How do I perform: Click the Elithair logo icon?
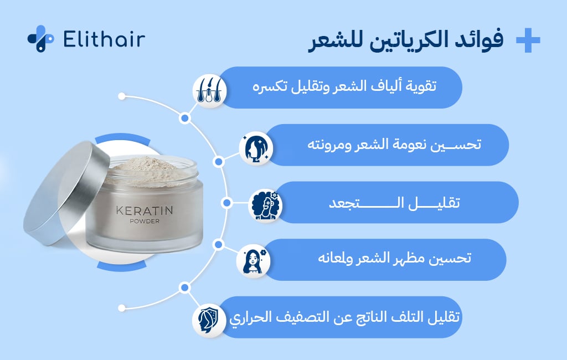tap(40, 39)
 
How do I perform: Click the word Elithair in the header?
tap(104, 39)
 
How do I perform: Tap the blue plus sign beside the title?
tap(527, 41)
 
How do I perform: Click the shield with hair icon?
tap(209, 321)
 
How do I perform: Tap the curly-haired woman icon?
tap(265, 205)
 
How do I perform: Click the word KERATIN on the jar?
tap(144, 212)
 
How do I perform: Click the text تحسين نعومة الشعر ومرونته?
tap(394, 145)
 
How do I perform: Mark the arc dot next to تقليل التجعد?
tap(226, 203)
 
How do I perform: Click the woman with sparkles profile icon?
tap(255, 148)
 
